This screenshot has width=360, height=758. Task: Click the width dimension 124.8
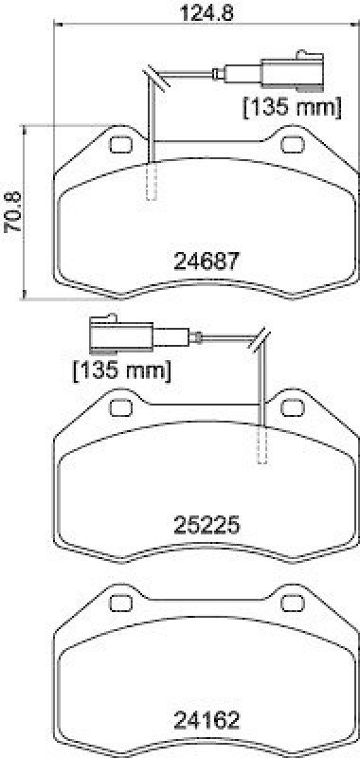(x=207, y=13)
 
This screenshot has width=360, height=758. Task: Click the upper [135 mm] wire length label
(x=292, y=107)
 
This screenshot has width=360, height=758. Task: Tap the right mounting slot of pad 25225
(x=292, y=408)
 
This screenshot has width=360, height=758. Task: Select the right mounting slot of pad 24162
(x=292, y=602)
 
